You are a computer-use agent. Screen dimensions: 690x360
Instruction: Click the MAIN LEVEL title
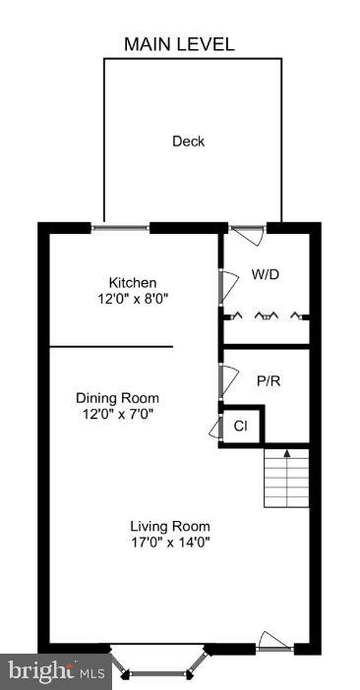179,44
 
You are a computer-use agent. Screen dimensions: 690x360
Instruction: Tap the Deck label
188,142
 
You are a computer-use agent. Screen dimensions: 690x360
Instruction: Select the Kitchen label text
133,283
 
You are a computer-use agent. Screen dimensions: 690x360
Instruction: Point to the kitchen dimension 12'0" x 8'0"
133,299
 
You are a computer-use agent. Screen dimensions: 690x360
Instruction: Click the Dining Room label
117,398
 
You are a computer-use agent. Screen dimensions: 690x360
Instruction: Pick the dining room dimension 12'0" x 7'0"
117,414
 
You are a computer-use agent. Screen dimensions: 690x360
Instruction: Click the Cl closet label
240,427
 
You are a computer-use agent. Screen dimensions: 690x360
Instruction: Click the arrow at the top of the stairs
286,453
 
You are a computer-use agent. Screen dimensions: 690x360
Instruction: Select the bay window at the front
157,666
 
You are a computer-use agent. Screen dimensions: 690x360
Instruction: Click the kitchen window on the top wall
121,228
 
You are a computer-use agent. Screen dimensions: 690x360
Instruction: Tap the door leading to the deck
247,233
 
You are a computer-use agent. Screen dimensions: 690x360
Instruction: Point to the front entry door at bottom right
274,645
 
